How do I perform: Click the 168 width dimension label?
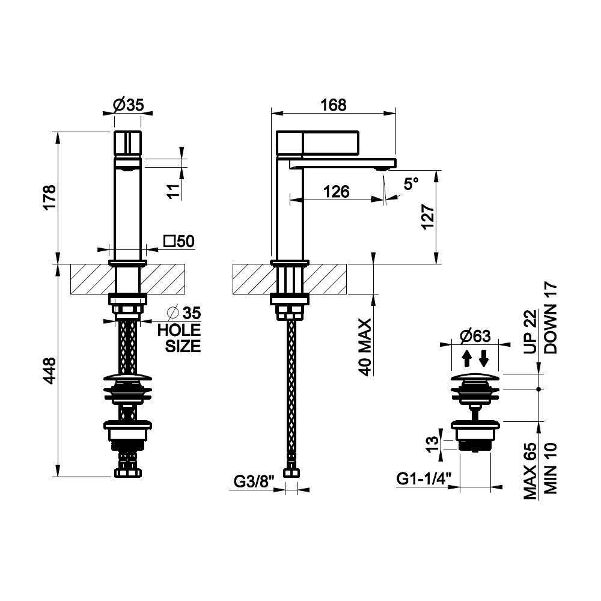[x=334, y=105]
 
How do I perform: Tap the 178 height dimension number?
[x=50, y=198]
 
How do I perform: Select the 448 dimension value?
[x=50, y=371]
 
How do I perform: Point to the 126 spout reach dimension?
[x=337, y=191]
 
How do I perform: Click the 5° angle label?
[x=411, y=183]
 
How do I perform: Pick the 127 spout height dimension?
[x=428, y=217]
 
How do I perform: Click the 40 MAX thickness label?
[x=365, y=347]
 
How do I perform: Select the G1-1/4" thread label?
[x=424, y=478]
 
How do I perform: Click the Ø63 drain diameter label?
[x=475, y=336]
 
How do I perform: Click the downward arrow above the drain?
[x=484, y=359]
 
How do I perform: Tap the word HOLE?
[x=179, y=330]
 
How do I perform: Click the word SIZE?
[x=183, y=346]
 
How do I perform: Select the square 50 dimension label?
[x=179, y=242]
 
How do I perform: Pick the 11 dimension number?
[x=174, y=191]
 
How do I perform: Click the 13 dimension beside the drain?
[x=432, y=444]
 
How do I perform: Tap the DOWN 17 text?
[x=551, y=318]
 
